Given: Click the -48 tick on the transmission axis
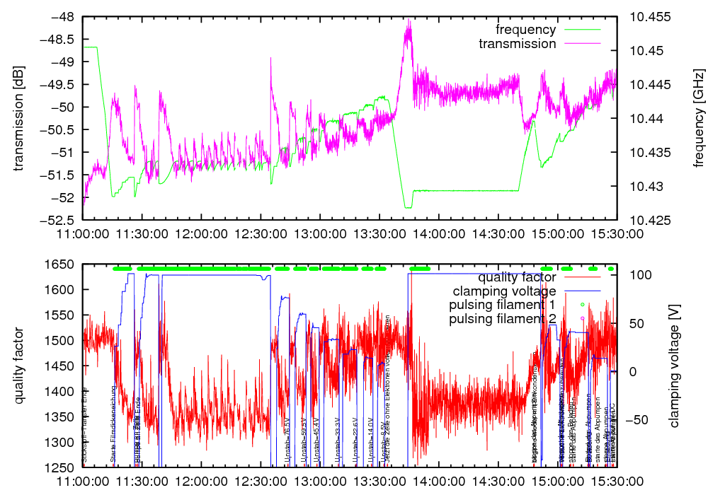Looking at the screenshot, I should click(62, 17).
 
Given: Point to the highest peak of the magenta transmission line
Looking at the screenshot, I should click(409, 21).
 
